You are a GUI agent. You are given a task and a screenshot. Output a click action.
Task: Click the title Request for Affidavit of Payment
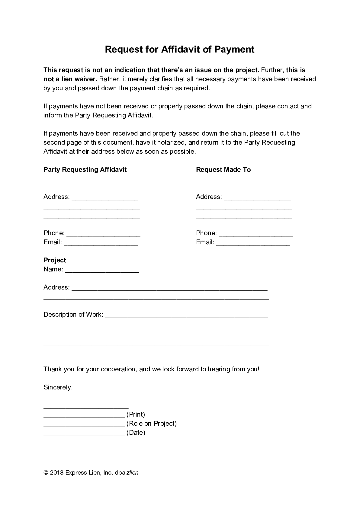pyautogui.click(x=180, y=49)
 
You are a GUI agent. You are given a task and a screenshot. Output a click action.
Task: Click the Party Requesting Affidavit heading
pyautogui.click(x=85, y=170)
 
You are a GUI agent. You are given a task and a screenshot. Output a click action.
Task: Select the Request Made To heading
pyautogui.click(x=223, y=170)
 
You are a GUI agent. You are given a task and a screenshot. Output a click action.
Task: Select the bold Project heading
pyautogui.click(x=55, y=260)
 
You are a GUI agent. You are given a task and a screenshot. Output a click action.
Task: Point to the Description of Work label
pyautogui.click(x=73, y=315)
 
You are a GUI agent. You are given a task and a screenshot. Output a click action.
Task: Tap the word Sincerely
pyautogui.click(x=58, y=387)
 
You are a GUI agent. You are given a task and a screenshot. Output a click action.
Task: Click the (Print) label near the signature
pyautogui.click(x=136, y=415)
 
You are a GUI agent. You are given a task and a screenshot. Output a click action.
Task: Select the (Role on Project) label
pyautogui.click(x=152, y=424)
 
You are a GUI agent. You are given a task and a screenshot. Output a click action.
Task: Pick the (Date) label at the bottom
pyautogui.click(x=136, y=433)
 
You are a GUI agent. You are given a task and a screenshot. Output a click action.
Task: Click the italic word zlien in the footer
pyautogui.click(x=132, y=473)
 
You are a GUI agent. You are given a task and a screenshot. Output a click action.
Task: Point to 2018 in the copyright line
pyautogui.click(x=57, y=473)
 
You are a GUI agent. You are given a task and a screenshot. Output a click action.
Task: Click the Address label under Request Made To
pyautogui.click(x=209, y=197)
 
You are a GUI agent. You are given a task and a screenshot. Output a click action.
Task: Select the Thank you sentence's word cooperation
pyautogui.click(x=118, y=369)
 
